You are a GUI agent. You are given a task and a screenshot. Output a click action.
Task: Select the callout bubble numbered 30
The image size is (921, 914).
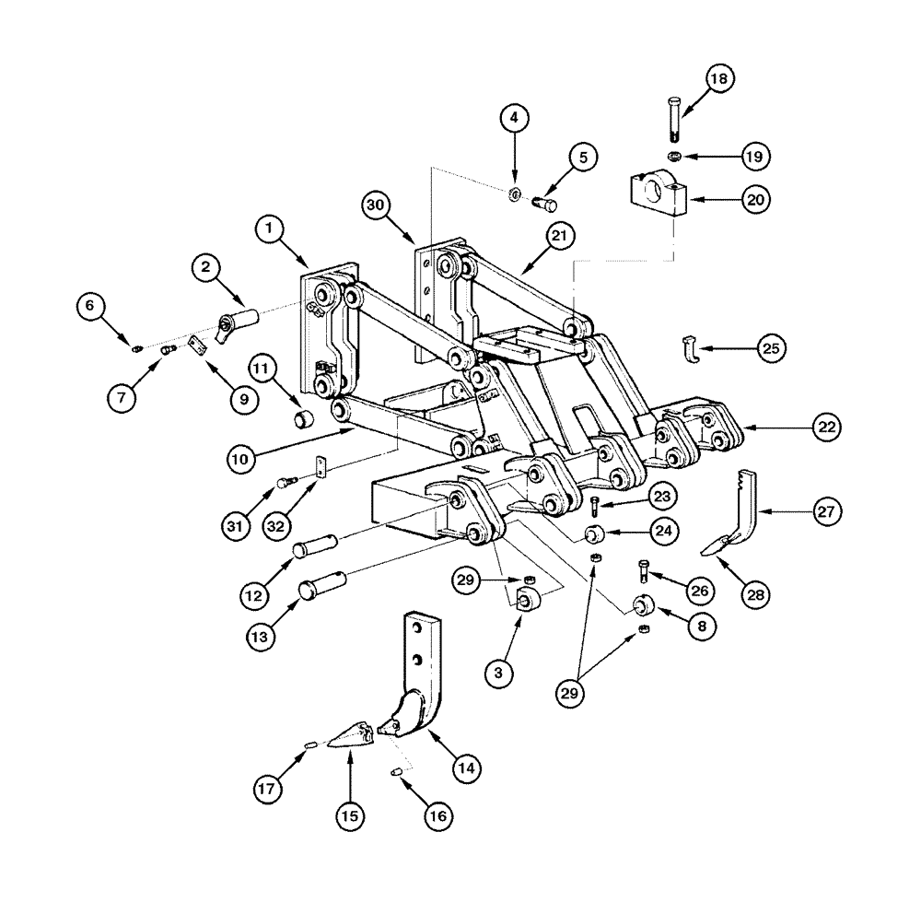[376, 205]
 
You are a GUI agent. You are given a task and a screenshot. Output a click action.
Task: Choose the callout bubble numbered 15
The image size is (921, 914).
[350, 814]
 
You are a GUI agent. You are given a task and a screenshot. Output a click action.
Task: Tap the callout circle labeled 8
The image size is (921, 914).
[703, 626]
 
